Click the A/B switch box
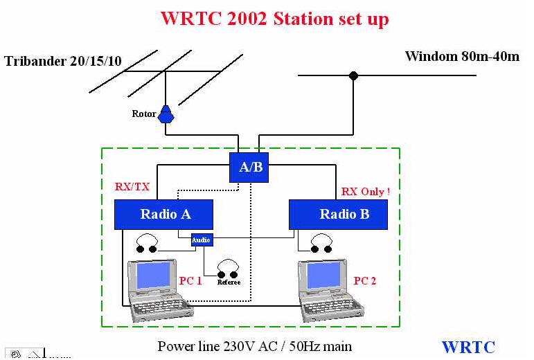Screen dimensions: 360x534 click(x=249, y=168)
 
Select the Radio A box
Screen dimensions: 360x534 click(x=163, y=215)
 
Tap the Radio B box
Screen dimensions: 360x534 click(x=338, y=215)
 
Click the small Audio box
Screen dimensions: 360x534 click(x=202, y=240)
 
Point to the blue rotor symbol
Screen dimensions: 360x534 click(x=166, y=114)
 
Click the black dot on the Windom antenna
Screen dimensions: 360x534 click(x=354, y=75)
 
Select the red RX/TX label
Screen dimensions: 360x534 click(x=132, y=186)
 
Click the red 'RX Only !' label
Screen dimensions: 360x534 click(x=366, y=191)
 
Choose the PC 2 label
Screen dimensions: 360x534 click(x=365, y=280)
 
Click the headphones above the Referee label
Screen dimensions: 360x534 click(x=229, y=268)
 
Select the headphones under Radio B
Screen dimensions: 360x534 click(x=321, y=243)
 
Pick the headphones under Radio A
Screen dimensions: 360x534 click(x=147, y=243)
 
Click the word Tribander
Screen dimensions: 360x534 click(x=35, y=61)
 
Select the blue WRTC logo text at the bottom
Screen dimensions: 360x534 click(x=468, y=347)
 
